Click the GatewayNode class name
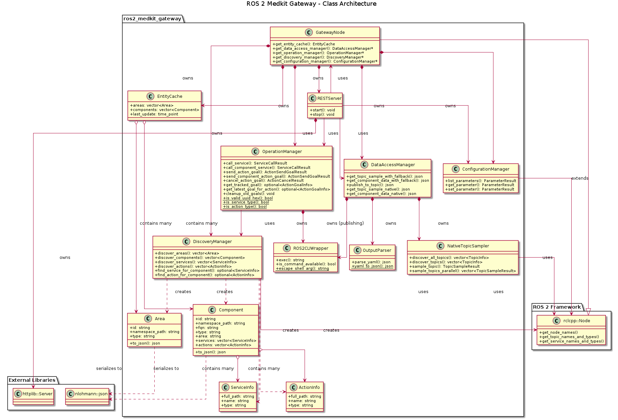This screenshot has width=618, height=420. click(x=330, y=32)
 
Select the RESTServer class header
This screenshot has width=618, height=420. click(x=329, y=98)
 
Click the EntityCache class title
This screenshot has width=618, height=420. click(x=170, y=96)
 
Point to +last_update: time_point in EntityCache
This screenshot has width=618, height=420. click(x=154, y=114)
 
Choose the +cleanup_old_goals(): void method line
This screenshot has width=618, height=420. click(x=249, y=194)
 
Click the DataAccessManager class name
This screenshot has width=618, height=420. click(x=393, y=165)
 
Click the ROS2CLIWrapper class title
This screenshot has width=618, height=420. click(x=310, y=248)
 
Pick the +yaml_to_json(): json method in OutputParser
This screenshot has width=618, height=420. click(x=372, y=266)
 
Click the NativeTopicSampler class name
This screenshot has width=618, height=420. click(x=468, y=246)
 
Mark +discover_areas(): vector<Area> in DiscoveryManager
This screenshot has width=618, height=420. click(x=187, y=253)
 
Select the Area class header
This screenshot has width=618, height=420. click(x=159, y=319)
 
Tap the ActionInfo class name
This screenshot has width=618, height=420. click(x=309, y=388)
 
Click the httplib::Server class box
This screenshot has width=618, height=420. click(x=33, y=396)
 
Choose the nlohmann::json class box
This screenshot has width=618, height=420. click(x=87, y=396)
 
